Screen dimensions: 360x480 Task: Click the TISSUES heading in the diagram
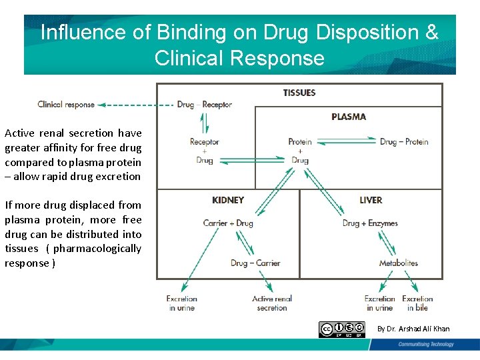(299, 93)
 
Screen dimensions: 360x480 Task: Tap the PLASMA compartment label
(349, 117)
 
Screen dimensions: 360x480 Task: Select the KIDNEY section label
(228, 200)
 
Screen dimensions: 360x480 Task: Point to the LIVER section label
(371, 200)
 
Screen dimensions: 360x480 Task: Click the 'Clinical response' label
(66, 105)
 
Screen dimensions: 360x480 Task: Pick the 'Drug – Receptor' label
(205, 105)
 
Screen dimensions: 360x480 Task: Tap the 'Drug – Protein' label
(404, 141)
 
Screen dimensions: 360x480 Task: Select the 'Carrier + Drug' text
(228, 223)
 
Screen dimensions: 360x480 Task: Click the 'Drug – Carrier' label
(255, 263)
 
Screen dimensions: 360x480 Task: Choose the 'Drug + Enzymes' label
(370, 223)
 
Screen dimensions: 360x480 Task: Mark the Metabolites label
(399, 263)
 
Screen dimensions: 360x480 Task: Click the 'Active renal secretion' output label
(272, 303)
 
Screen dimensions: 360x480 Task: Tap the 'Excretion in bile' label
(417, 303)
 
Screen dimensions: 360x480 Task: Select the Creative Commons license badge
(342, 329)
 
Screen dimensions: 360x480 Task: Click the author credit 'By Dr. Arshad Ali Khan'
(413, 329)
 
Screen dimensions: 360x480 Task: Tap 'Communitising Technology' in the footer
(426, 345)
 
